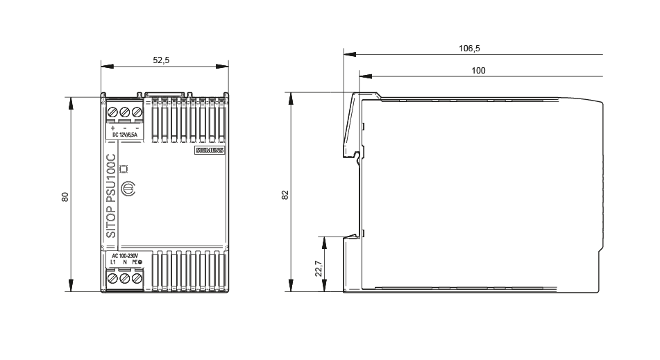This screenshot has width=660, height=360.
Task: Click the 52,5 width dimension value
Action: [161, 60]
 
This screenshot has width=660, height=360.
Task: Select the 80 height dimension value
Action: [65, 197]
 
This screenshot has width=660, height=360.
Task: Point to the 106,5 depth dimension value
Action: [469, 49]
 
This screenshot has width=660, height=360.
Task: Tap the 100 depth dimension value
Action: [478, 71]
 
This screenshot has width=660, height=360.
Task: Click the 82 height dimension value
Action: [285, 195]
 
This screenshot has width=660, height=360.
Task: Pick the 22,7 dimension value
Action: [319, 268]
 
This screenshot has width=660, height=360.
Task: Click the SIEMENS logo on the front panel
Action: [210, 150]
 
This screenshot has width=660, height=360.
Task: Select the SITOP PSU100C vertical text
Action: [111, 196]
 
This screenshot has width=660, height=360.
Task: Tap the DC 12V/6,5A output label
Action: [125, 135]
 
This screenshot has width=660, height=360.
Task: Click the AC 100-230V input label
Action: [125, 256]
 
